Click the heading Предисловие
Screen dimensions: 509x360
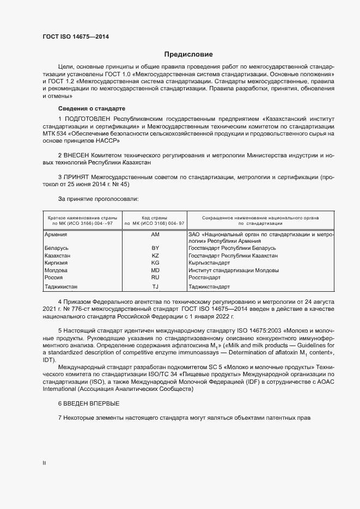pyautogui.click(x=188, y=54)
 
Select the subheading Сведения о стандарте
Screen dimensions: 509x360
pyautogui.click(x=91, y=108)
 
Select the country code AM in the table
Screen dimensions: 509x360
pyautogui.click(x=155, y=234)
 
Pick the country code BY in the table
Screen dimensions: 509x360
pyautogui.click(x=155, y=248)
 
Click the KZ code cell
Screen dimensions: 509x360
pyautogui.click(x=155, y=255)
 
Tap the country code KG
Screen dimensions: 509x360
pyautogui.click(x=155, y=263)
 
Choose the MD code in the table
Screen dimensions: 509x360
pyautogui.click(x=155, y=270)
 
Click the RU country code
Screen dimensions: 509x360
pyautogui.click(x=155, y=277)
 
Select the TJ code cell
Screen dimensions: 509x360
pyautogui.click(x=155, y=287)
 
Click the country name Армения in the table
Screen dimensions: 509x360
pyautogui.click(x=56, y=234)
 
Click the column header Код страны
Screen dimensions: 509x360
pyautogui.click(x=155, y=217)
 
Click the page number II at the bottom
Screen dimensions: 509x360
pyautogui.click(x=45, y=463)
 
